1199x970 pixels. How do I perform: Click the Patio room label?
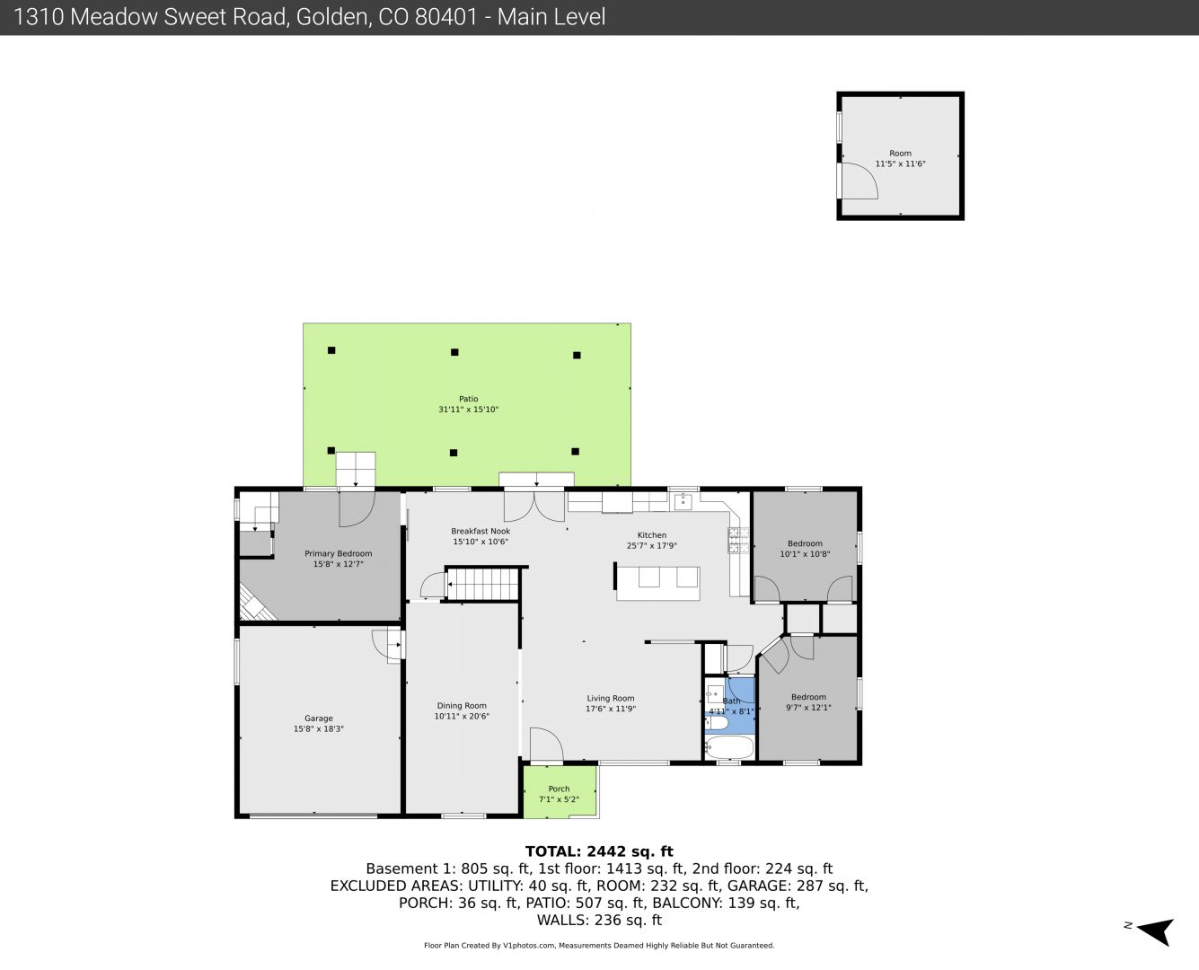coord(468,399)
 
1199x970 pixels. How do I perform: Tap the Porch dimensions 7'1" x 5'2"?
coord(559,799)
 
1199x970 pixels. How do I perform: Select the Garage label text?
coord(319,719)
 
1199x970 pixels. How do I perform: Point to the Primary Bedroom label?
coord(339,553)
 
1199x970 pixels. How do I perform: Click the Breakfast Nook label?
coord(480,531)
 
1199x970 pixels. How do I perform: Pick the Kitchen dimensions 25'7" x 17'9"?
coord(652,545)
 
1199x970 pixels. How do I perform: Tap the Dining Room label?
coord(462,705)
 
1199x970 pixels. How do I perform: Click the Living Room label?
coord(611,698)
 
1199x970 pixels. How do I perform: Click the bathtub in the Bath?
coord(729,747)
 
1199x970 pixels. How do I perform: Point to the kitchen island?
coord(657,583)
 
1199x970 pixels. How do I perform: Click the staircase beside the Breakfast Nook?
coord(482,584)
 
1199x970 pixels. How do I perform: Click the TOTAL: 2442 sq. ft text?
coord(599,851)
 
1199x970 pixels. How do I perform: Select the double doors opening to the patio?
coord(534,506)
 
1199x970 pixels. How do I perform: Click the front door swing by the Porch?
coord(547,745)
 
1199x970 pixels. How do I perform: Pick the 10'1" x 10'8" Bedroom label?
coord(805,549)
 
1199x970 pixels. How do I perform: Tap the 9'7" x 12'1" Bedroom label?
coord(808,702)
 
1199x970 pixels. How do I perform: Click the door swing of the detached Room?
coord(859,181)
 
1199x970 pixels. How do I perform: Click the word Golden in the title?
coord(332,17)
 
